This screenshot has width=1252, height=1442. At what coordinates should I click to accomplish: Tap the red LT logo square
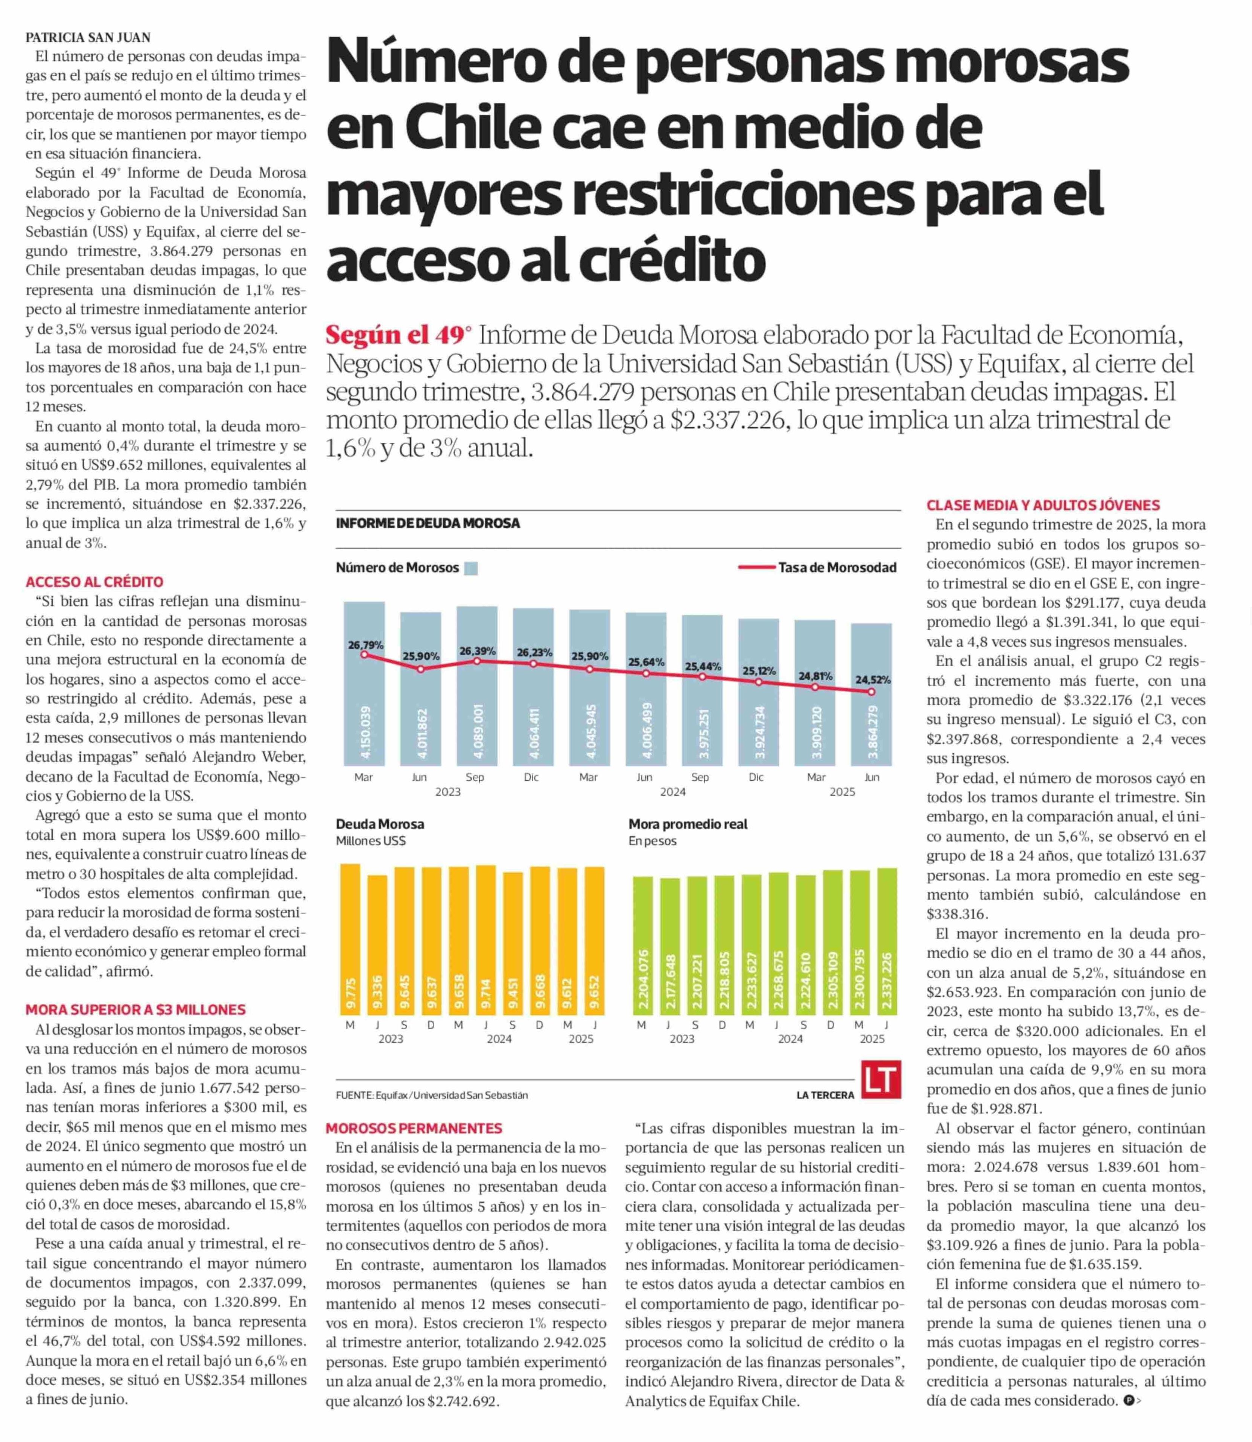(x=880, y=1080)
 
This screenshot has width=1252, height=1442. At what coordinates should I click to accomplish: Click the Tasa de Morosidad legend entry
(x=817, y=567)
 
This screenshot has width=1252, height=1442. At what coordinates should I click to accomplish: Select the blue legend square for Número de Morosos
(x=471, y=568)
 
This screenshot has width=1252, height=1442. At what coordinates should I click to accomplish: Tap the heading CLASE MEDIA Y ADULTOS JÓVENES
(x=1043, y=505)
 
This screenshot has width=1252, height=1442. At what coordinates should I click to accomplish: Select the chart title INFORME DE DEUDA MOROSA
(x=428, y=523)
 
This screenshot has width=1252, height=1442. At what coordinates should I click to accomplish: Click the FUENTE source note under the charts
(x=432, y=1095)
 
